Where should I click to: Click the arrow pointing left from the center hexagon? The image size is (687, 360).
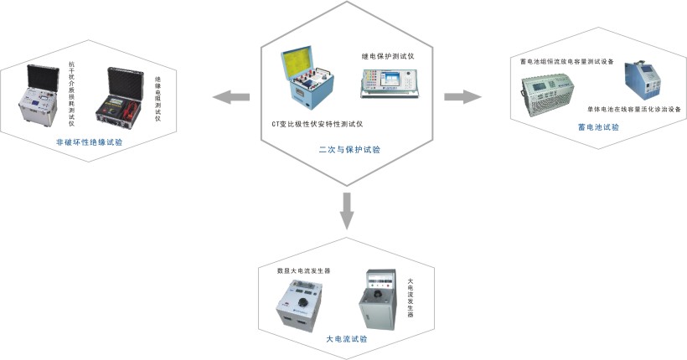click(x=232, y=98)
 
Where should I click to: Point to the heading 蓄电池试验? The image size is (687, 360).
click(x=598, y=127)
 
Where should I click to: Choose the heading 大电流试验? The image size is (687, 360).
click(x=346, y=340)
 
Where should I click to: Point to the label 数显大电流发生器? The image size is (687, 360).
click(x=303, y=271)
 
